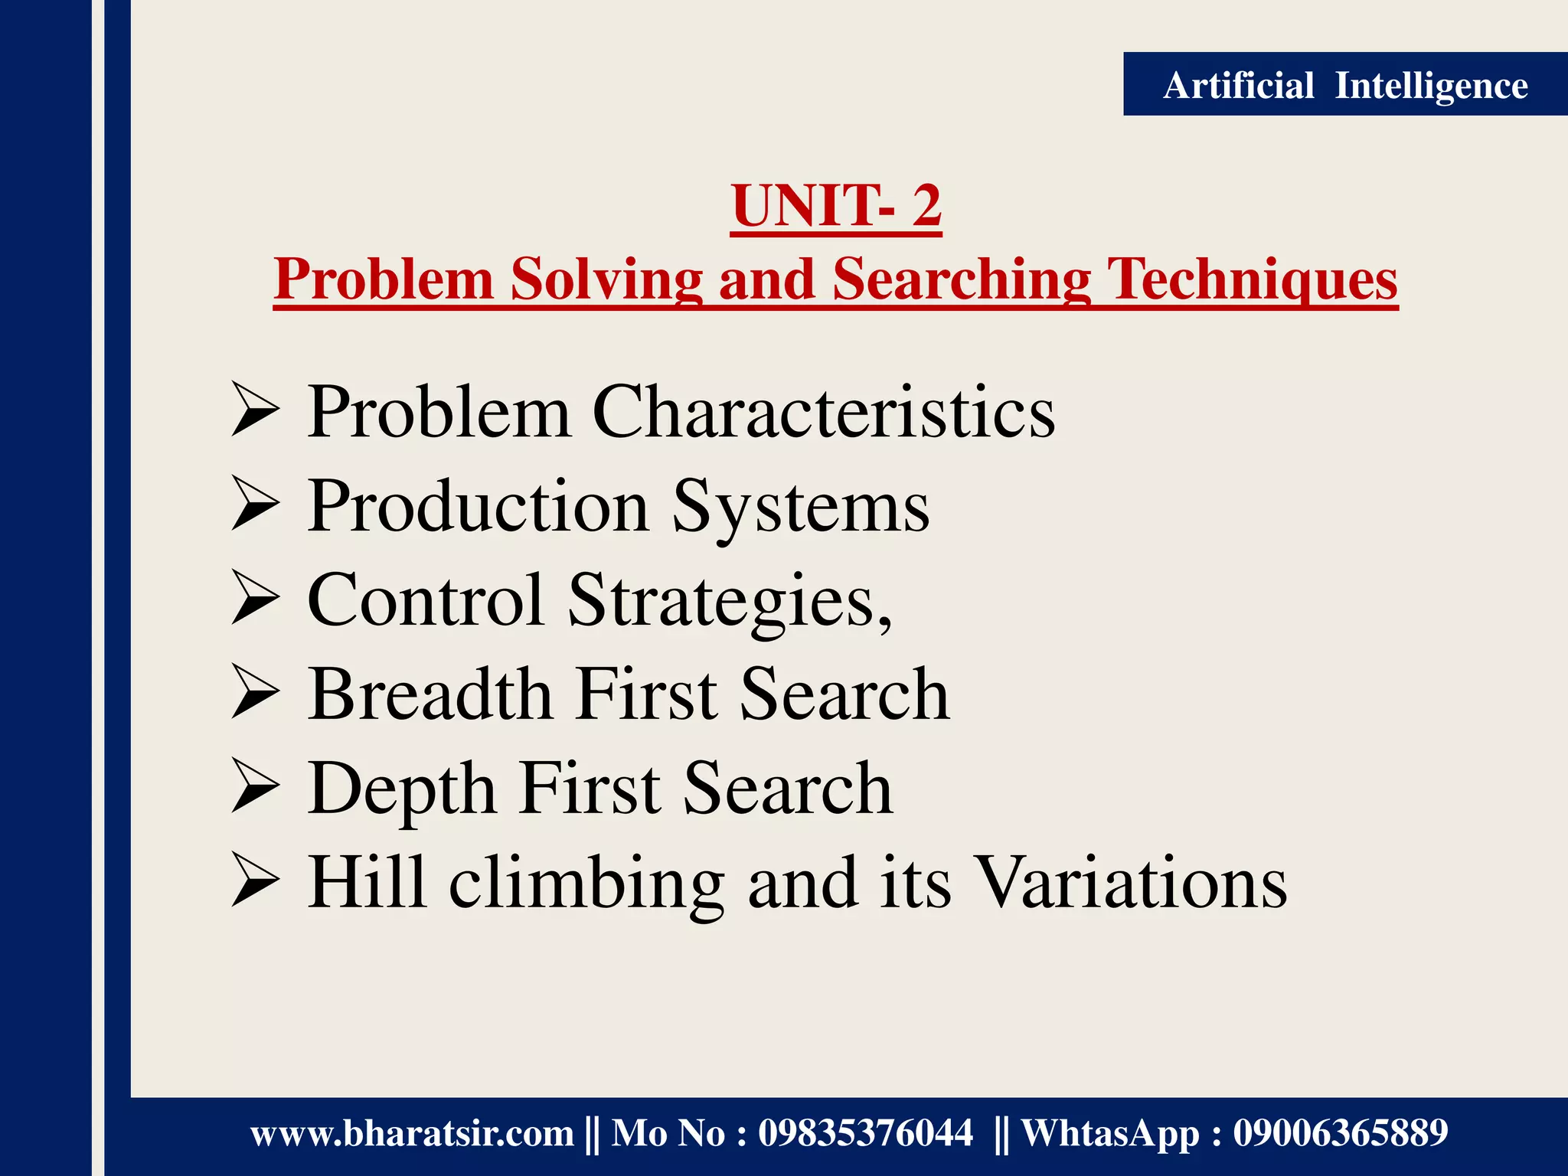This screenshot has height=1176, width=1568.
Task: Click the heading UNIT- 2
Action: coord(835,206)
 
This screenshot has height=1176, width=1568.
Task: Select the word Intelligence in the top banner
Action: coord(1431,85)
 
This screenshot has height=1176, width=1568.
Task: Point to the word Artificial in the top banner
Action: coord(1238,85)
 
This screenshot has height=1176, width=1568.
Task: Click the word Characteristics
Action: coord(823,413)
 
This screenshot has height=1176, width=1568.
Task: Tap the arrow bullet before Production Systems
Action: coord(255,506)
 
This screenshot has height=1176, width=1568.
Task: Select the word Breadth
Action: coord(430,694)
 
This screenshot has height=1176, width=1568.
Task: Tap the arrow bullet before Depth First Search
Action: coord(255,788)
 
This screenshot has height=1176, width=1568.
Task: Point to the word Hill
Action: coord(366,882)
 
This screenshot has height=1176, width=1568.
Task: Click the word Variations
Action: coord(1133,882)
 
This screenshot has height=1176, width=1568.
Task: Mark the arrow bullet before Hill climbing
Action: coord(255,882)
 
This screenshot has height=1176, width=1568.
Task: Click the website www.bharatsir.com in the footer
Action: coord(412,1133)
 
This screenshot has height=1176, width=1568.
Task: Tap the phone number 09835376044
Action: coord(865,1133)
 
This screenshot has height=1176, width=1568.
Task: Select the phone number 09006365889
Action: coord(1340,1133)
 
